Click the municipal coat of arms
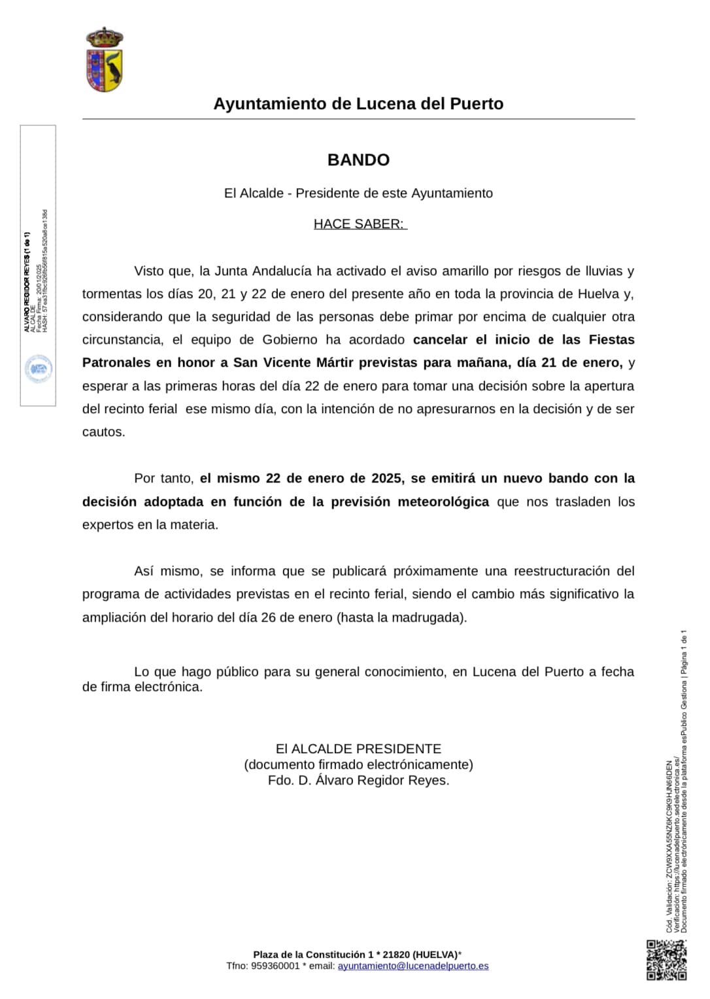pos(105,59)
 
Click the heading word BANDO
pos(358,160)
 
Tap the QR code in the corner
pos(667,960)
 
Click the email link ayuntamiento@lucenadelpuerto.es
pos(413,966)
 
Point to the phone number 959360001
pos(275,966)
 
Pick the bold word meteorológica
pos(443,502)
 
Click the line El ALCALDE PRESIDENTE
pos(358,749)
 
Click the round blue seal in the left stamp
pos(39,369)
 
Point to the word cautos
pos(103,432)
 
